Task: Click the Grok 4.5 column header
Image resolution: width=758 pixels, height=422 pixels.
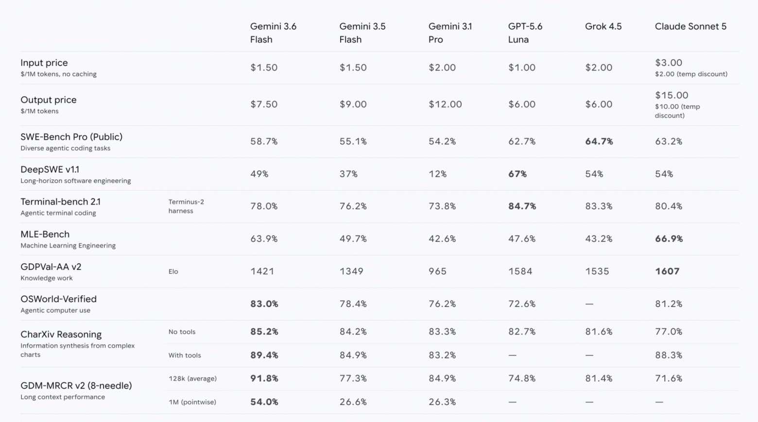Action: coord(603,26)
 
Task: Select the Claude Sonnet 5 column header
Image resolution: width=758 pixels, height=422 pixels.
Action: coord(690,26)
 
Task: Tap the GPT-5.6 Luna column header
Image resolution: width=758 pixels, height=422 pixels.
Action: coord(525,33)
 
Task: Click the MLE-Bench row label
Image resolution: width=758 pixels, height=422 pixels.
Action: coord(45,234)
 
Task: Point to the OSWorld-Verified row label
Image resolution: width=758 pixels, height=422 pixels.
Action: coord(58,299)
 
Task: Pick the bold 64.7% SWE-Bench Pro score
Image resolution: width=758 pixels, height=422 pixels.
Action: coord(599,141)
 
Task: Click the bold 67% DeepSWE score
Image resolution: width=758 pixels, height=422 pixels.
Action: coord(517,174)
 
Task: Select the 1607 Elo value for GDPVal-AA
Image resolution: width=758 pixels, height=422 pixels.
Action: coord(667,271)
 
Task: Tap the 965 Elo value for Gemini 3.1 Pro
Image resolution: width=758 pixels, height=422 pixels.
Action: coord(437,271)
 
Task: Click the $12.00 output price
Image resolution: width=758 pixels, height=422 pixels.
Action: coord(445,104)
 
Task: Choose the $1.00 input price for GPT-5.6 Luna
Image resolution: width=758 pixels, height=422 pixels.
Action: coord(522,68)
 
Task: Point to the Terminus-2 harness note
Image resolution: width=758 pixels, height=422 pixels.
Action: coord(186,206)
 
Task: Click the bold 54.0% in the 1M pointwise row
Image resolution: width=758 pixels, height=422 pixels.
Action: coord(264,402)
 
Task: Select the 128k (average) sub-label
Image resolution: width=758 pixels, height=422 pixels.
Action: coord(192,378)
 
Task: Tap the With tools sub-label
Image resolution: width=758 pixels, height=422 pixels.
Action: coord(185,355)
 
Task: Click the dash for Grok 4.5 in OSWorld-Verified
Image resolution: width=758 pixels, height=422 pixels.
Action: coord(589,304)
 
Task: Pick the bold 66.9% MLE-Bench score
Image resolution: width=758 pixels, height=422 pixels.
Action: coord(669,239)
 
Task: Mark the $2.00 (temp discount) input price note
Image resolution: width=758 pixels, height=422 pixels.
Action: coord(691,74)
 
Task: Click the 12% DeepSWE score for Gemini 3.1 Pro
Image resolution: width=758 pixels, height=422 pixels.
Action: coord(437,174)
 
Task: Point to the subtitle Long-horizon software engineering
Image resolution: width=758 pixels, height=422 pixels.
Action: coord(76,181)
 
